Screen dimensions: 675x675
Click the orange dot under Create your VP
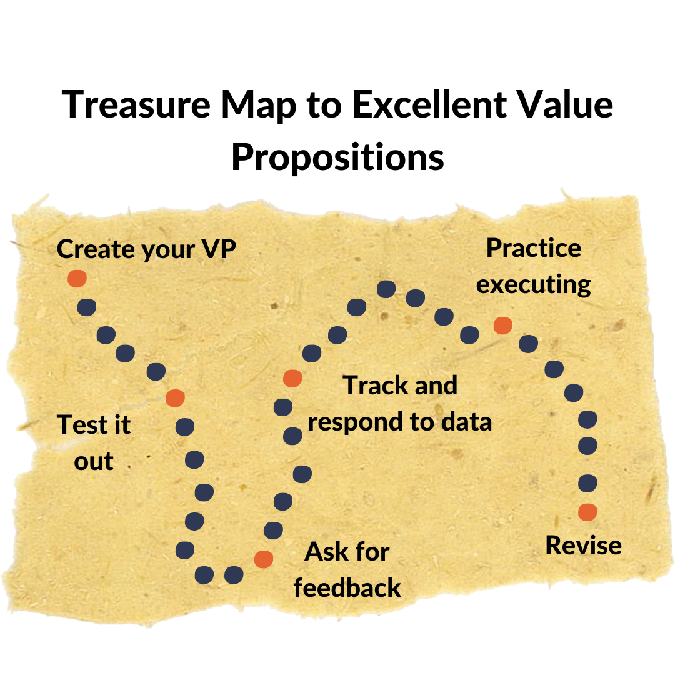(x=77, y=278)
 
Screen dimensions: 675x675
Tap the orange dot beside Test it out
(x=175, y=397)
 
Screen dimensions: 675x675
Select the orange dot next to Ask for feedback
(x=263, y=559)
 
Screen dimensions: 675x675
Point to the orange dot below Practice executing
(x=502, y=326)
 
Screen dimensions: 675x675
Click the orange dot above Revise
(x=587, y=512)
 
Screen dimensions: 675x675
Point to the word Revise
(x=583, y=546)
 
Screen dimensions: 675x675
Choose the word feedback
(x=347, y=588)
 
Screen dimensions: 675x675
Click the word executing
(x=533, y=285)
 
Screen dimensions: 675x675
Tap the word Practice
(x=533, y=248)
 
